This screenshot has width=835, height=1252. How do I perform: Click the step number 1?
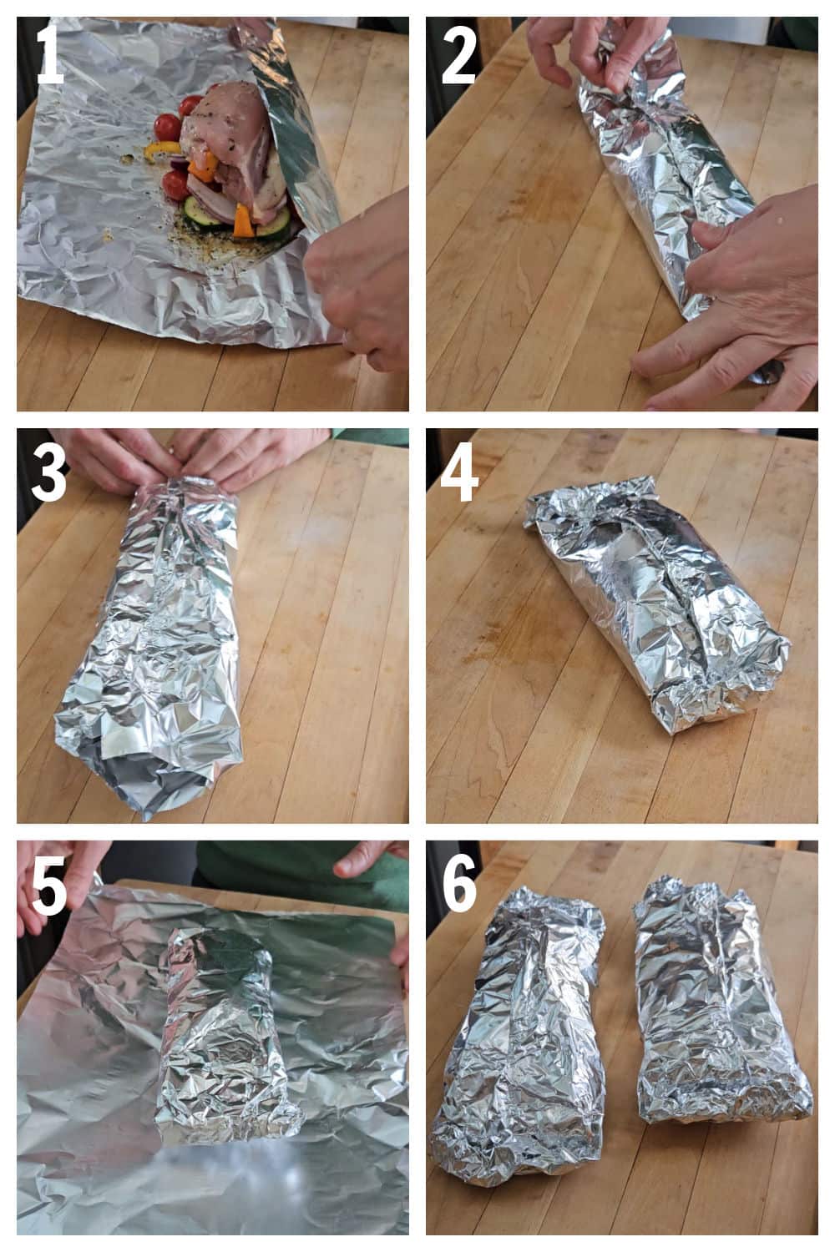tap(50, 54)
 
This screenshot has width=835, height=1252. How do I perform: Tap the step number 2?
tap(458, 54)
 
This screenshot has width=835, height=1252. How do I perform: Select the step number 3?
tap(50, 472)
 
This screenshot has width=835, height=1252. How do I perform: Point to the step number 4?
tap(459, 472)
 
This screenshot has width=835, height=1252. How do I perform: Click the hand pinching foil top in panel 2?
tap(584, 50)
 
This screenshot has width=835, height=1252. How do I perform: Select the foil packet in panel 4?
tap(655, 601)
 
